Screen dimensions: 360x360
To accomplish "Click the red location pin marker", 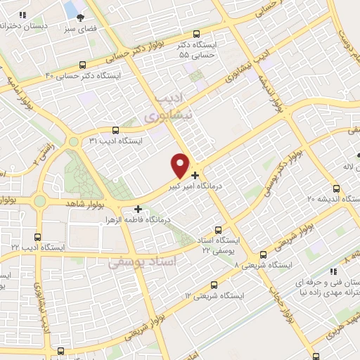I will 181,165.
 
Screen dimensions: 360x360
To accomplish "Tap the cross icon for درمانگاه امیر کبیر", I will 195,174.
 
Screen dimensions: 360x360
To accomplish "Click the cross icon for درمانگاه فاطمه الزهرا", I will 139,209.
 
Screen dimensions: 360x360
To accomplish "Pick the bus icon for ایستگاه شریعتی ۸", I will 263,255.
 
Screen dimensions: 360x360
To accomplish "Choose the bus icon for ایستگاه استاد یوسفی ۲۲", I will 217,229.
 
